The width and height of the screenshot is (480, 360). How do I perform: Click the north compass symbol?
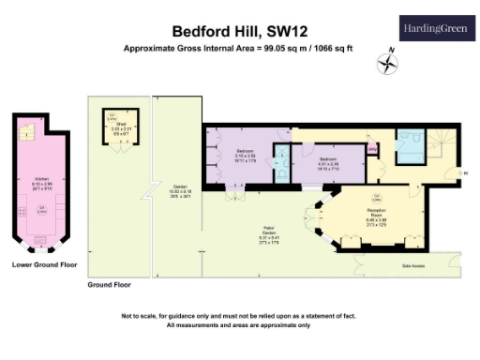(386, 63)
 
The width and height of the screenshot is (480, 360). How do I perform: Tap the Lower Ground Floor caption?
(44, 265)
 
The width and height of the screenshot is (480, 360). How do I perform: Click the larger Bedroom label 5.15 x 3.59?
(247, 155)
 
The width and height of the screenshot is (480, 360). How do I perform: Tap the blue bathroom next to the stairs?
(409, 145)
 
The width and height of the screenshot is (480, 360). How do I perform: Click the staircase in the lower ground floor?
(29, 131)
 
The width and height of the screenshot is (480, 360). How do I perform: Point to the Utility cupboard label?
(372, 148)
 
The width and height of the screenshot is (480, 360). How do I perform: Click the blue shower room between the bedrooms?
(281, 165)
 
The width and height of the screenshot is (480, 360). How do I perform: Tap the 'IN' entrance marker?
(466, 172)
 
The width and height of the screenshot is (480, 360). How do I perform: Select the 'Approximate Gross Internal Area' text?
(239, 48)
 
